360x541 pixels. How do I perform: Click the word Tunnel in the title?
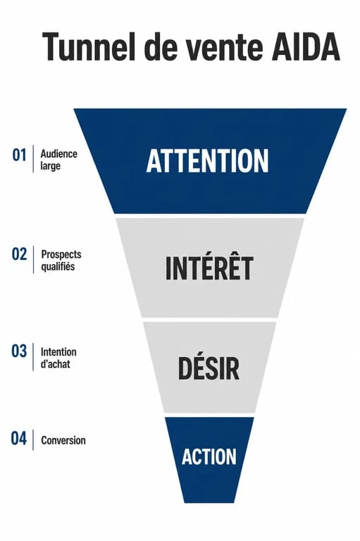[89, 46]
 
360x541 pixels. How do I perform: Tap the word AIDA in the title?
[306, 46]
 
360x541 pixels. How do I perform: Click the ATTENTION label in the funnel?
[207, 161]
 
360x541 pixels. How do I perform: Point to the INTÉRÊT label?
[209, 266]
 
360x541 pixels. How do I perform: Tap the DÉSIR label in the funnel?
[209, 367]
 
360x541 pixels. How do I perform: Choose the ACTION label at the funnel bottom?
[209, 456]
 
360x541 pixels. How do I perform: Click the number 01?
[19, 155]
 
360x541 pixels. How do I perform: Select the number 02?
[19, 254]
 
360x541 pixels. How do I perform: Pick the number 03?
[19, 352]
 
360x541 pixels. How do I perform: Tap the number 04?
[18, 439]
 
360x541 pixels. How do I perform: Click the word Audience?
[59, 154]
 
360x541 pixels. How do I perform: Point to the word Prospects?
[61, 254]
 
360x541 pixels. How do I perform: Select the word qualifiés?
[58, 267]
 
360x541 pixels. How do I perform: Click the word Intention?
[58, 352]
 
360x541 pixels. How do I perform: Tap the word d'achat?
[55, 364]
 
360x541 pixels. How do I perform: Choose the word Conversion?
[63, 440]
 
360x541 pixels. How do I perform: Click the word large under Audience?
[51, 166]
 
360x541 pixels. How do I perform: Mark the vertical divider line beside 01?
[33, 158]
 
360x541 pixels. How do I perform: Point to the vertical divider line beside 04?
[33, 440]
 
